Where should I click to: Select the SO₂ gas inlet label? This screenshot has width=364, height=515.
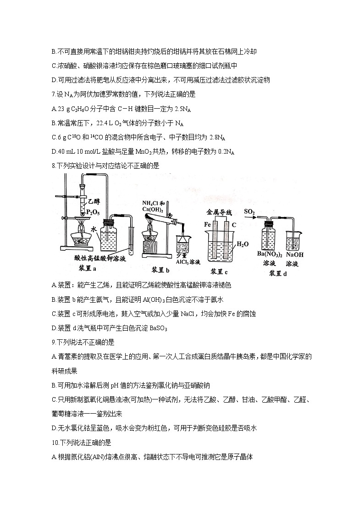pyautogui.click(x=249, y=211)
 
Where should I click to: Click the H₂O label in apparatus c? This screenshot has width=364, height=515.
pyautogui.click(x=242, y=244)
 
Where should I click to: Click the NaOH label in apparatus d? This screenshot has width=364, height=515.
pyautogui.click(x=295, y=255)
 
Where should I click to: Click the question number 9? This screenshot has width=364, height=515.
pyautogui.click(x=54, y=342)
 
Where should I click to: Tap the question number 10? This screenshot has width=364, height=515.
pyautogui.click(x=55, y=443)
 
